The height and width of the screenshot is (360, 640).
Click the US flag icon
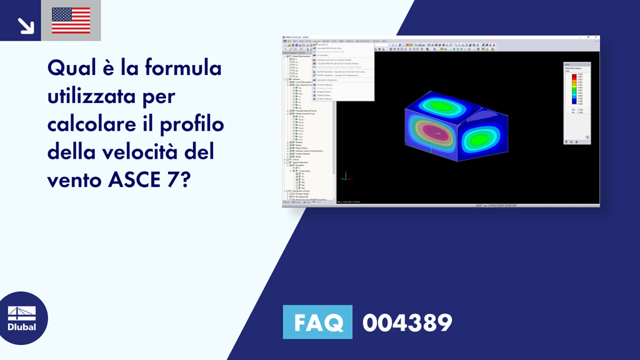click(x=71, y=20)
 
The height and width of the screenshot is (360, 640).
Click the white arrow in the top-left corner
click(x=26, y=24)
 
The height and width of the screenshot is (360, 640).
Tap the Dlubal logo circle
click(x=21, y=318)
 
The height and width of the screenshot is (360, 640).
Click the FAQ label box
click(x=317, y=322)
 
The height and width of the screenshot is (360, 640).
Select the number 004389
click(x=407, y=322)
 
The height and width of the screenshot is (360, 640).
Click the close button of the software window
click(x=597, y=37)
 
